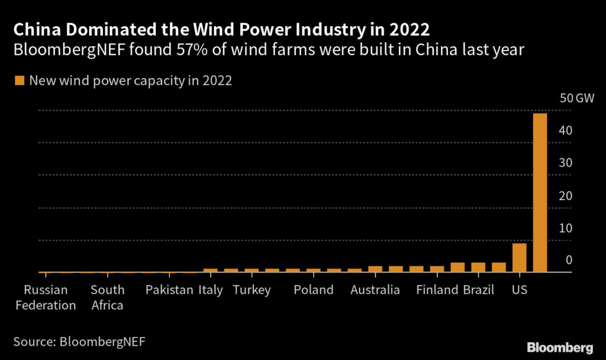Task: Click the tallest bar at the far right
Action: (x=540, y=192)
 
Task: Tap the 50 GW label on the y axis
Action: (x=572, y=98)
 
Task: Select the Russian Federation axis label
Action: (x=46, y=298)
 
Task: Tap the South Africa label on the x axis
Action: (x=107, y=298)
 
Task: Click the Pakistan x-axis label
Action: (x=169, y=290)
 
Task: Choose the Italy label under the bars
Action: (x=211, y=290)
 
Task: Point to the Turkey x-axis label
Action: (x=252, y=290)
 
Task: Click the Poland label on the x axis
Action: (x=314, y=290)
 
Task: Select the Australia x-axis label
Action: (x=375, y=290)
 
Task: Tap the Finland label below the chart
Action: (x=437, y=290)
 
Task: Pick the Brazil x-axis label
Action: (x=478, y=290)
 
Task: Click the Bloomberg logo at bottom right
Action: (x=559, y=346)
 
